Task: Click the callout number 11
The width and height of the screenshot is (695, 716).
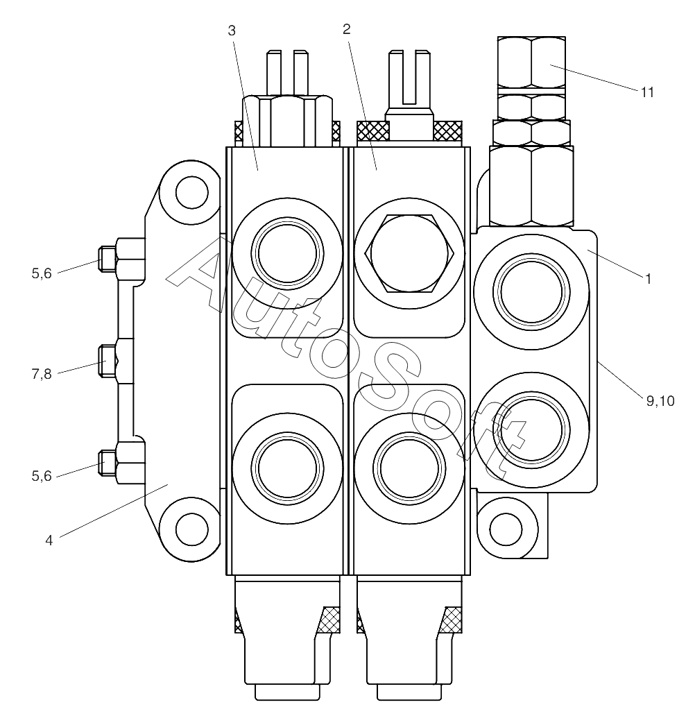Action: point(647,92)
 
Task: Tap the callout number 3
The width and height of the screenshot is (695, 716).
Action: point(232,31)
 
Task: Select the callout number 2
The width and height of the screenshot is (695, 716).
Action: point(347,29)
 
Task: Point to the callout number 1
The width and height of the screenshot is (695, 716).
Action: point(648,278)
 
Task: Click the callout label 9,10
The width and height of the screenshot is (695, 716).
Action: point(660,401)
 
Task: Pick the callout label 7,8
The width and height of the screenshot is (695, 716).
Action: point(42,374)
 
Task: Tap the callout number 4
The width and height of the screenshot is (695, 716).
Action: point(49,540)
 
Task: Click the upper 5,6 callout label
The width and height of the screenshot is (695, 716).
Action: point(42,273)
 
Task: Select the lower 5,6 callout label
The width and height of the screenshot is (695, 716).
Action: point(42,476)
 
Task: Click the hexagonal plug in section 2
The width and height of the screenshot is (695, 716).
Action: point(409,253)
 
